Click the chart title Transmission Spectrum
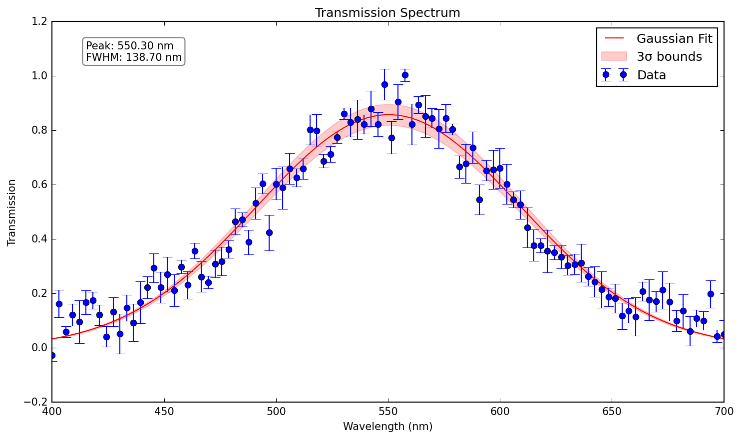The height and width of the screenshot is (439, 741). coord(387,13)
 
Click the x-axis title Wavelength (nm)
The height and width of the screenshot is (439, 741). coord(387,427)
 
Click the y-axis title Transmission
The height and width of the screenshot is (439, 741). coord(12,213)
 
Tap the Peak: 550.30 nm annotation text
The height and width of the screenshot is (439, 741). coord(130,46)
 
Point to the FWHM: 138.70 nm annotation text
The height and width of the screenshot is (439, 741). coord(134,57)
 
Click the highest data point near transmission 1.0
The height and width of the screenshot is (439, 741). coord(405,75)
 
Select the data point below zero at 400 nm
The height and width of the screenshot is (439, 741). coord(52,355)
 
